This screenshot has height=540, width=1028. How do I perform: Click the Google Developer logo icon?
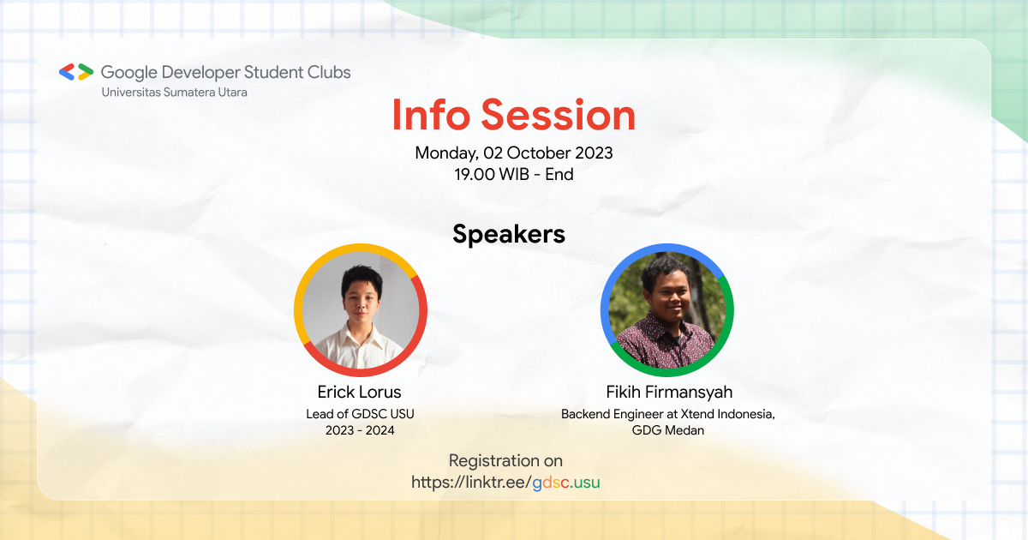(x=76, y=73)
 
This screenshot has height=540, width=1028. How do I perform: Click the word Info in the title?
(x=432, y=116)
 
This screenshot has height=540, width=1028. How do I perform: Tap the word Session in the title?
(x=558, y=116)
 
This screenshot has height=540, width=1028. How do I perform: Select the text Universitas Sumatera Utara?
(x=174, y=92)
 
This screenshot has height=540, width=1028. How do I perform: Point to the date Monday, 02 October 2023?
(x=514, y=153)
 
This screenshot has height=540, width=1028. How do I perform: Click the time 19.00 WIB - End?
(x=514, y=175)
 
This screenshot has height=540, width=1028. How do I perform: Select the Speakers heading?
(x=509, y=234)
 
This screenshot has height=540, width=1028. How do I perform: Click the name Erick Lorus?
(x=359, y=393)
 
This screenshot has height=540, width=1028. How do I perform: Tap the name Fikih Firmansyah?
(x=668, y=393)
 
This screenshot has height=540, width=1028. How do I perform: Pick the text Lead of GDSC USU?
(x=360, y=414)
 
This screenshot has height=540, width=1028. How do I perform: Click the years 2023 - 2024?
(x=360, y=430)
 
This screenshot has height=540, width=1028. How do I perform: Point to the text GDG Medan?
(x=668, y=430)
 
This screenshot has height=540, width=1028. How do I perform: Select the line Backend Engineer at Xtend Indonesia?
(x=668, y=414)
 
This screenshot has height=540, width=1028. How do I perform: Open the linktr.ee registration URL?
(x=505, y=483)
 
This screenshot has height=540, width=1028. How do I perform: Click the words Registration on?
(x=505, y=461)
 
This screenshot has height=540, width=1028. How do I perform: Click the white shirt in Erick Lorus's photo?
(x=360, y=347)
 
